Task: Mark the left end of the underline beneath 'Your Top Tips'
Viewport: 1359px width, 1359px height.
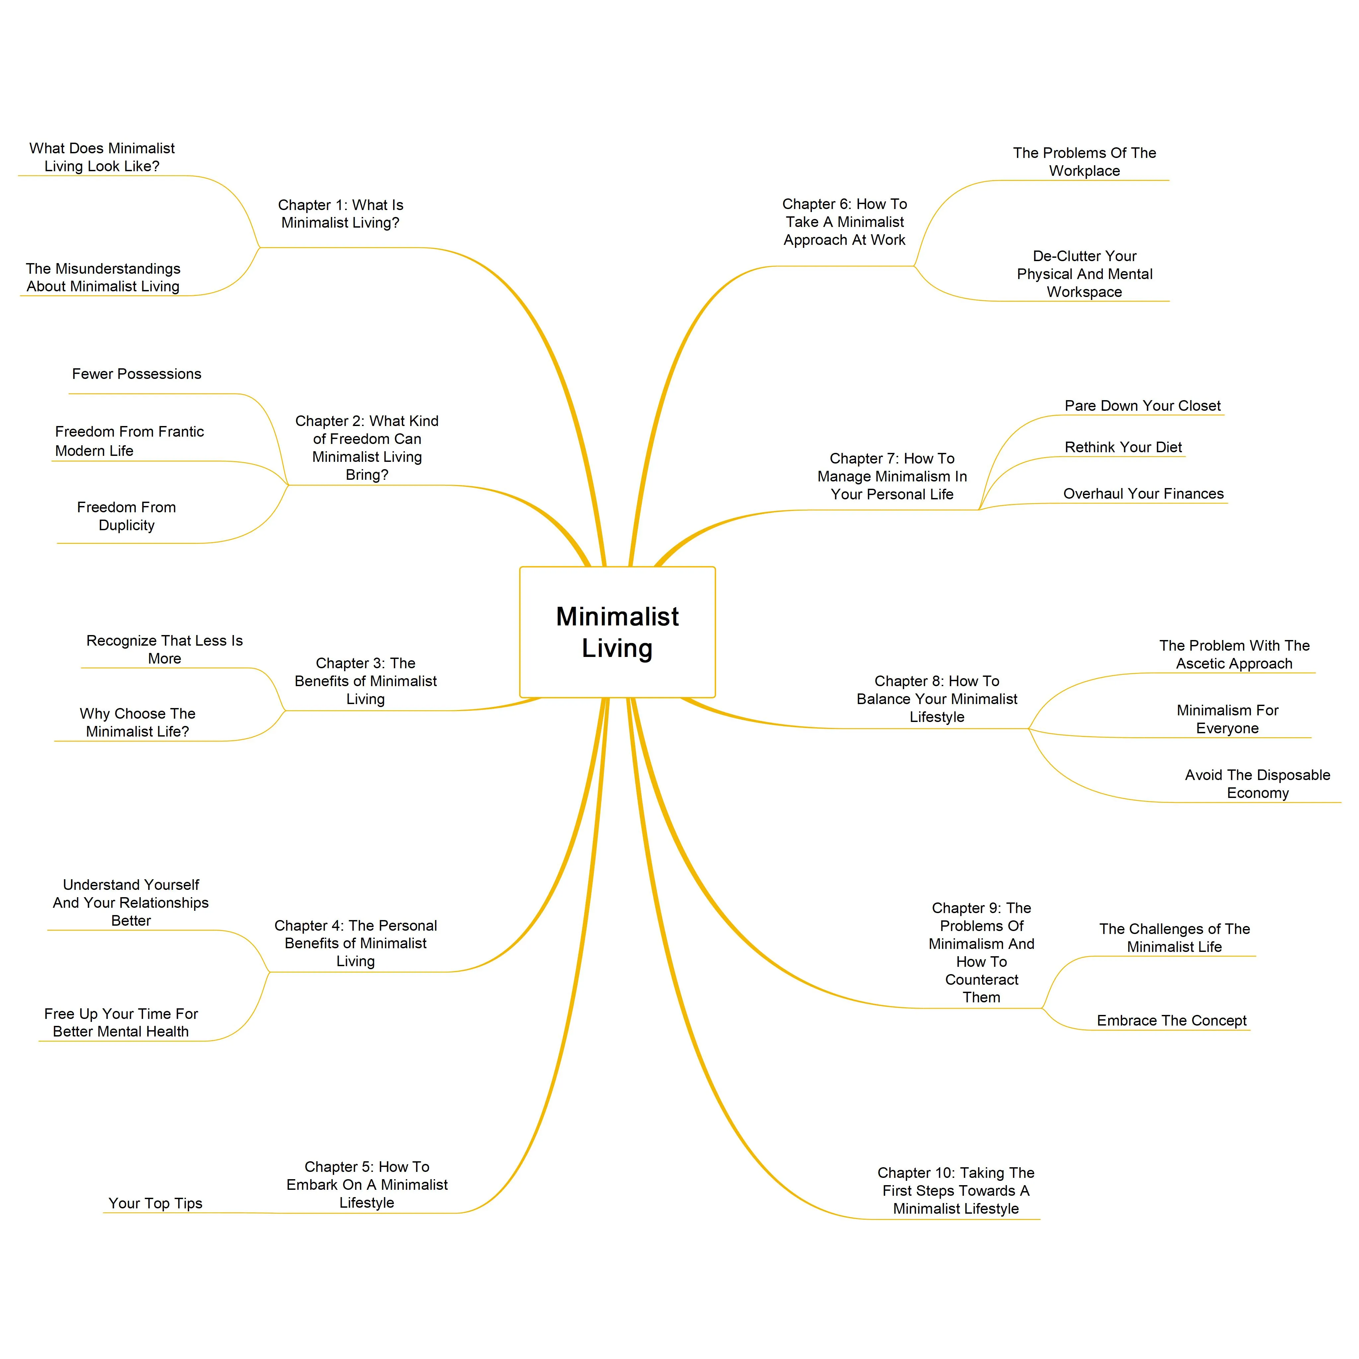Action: coord(104,1213)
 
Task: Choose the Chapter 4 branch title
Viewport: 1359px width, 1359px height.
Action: coord(356,943)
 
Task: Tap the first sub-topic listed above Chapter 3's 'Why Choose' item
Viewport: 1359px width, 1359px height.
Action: coord(165,649)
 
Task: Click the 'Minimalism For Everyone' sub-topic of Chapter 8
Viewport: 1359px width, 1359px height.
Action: coord(1228,719)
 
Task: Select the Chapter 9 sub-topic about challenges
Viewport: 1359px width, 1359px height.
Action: coord(1175,938)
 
